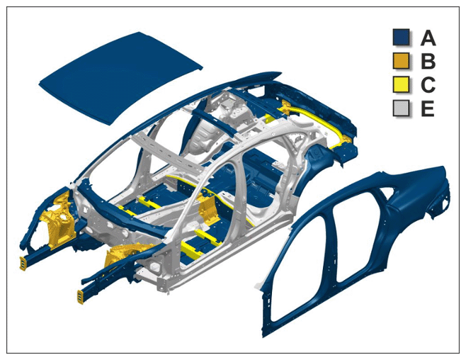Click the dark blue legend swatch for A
point(401,37)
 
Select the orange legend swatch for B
point(401,61)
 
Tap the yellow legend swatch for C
point(401,84)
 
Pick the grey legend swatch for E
point(401,108)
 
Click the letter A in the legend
point(428,38)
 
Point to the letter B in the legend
point(428,62)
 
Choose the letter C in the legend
point(428,85)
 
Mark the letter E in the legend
point(428,108)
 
